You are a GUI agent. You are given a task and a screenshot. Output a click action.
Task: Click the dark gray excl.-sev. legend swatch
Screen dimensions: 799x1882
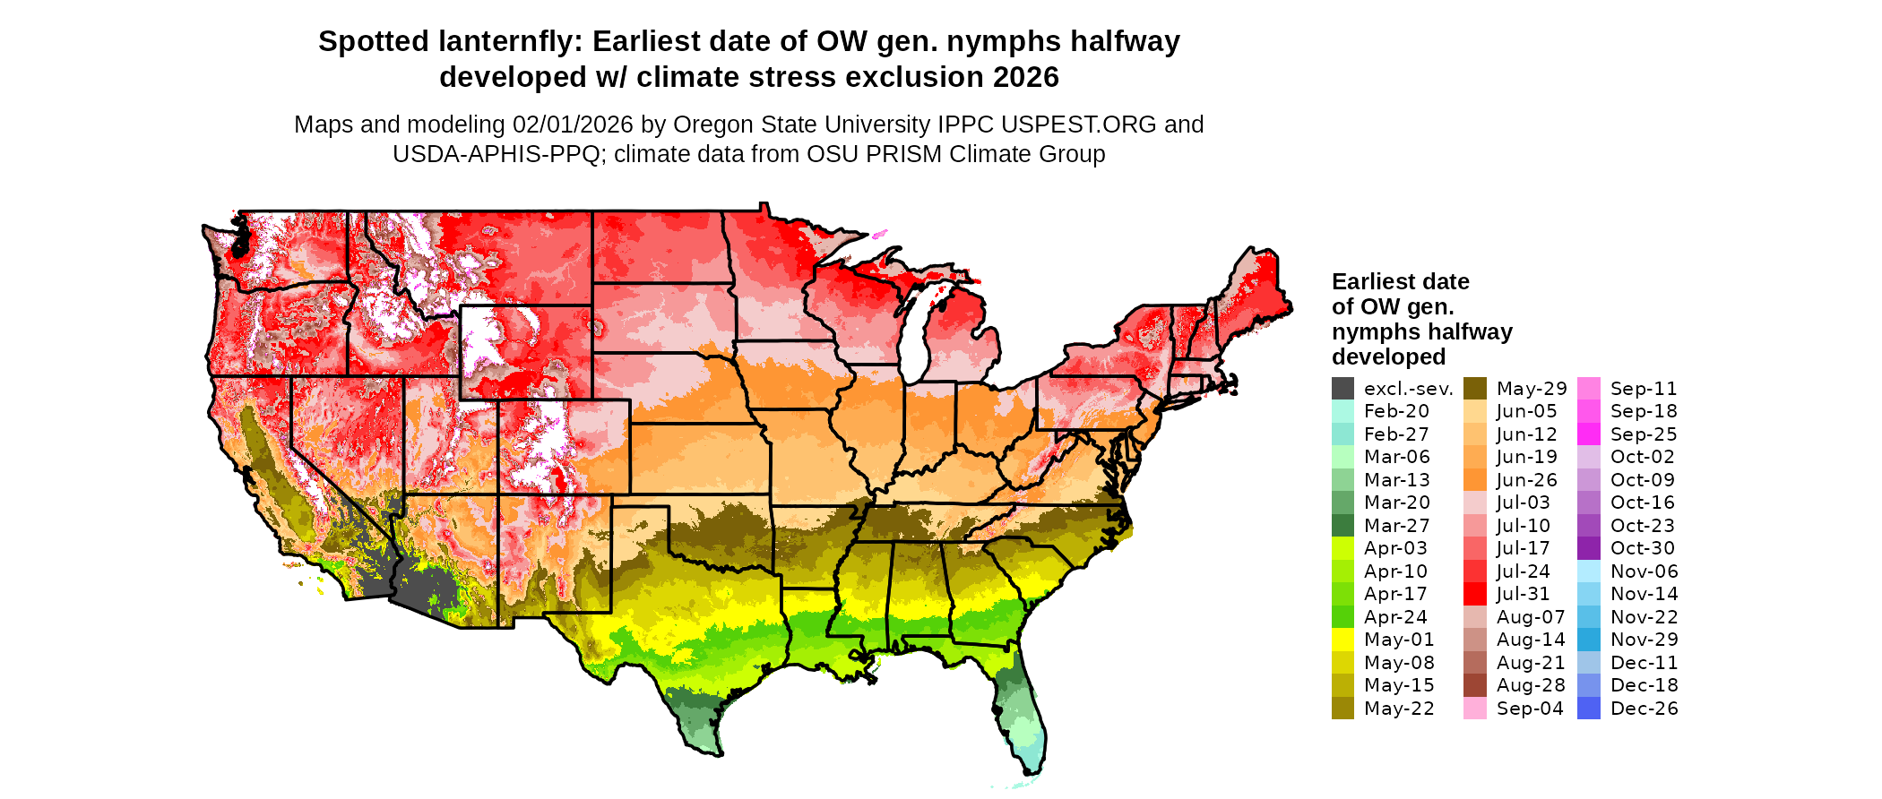1342,389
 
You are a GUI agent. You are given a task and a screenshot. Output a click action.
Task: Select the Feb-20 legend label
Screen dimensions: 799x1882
1396,411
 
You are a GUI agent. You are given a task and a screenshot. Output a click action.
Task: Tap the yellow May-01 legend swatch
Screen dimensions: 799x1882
1342,640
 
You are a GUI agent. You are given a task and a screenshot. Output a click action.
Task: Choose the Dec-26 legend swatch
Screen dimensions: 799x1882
1588,709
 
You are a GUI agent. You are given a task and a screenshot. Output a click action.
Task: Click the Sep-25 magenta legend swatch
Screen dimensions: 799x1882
1588,434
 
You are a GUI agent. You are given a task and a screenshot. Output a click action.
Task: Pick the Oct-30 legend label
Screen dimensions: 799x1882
1642,548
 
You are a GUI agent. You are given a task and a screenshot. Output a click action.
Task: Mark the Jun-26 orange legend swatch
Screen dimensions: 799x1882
1474,480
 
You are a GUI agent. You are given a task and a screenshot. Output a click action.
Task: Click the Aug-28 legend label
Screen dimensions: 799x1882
1530,685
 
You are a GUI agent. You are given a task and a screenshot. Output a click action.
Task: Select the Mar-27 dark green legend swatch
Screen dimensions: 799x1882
1342,526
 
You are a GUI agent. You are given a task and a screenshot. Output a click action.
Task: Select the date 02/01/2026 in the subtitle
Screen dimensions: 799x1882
573,125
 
